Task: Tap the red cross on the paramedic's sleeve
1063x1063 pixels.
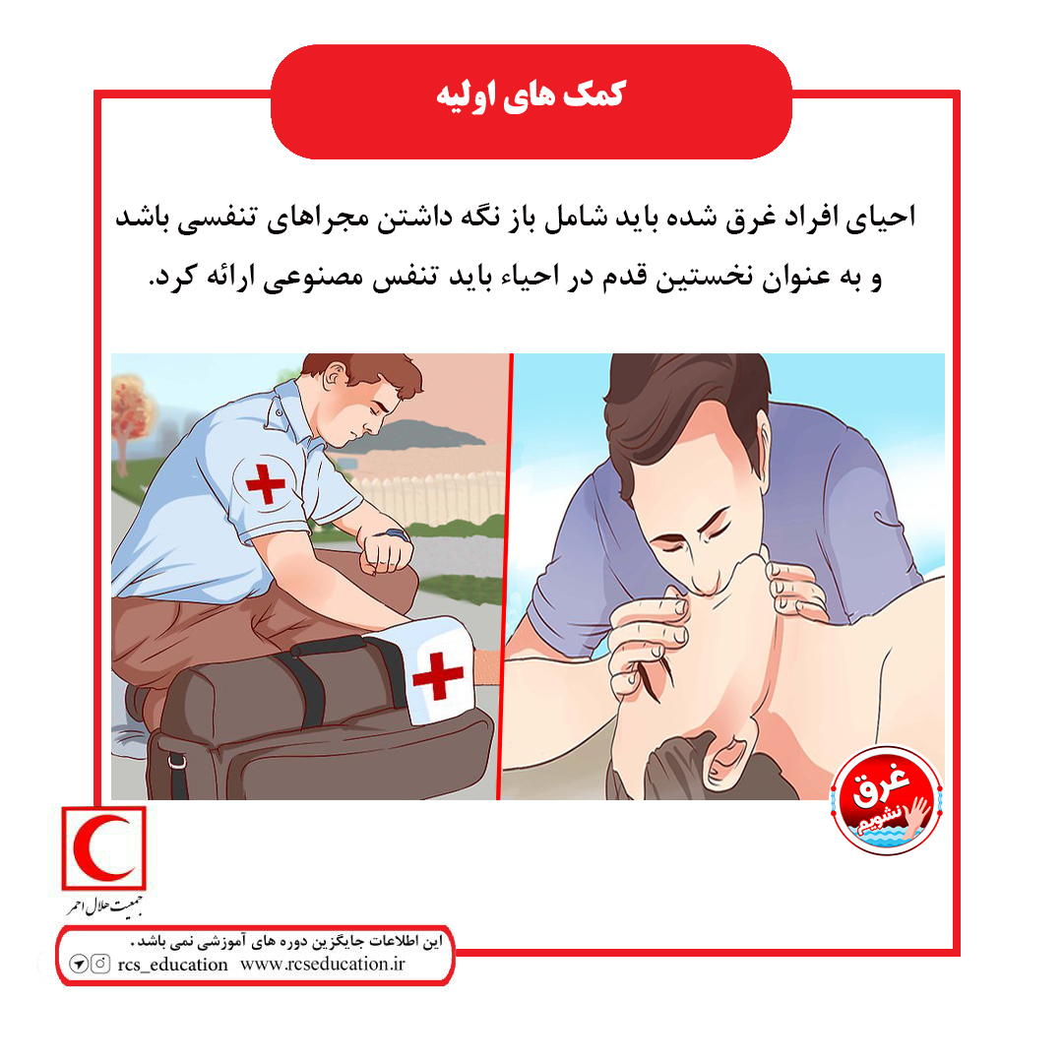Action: pos(265,483)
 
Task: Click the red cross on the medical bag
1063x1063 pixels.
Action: pos(438,674)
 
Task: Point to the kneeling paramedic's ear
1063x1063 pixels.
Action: pos(335,375)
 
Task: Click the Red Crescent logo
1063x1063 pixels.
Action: pos(103,847)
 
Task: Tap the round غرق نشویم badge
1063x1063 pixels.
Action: pos(886,800)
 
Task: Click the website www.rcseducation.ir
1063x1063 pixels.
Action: pos(322,964)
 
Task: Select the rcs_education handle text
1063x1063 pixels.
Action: pos(172,965)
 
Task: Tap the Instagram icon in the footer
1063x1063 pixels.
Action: pos(100,964)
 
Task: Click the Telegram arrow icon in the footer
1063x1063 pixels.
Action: pos(79,964)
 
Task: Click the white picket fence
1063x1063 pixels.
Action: pos(426,499)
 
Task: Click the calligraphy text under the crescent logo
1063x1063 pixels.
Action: pos(104,907)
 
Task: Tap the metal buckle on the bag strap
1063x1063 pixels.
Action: pos(177,762)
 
